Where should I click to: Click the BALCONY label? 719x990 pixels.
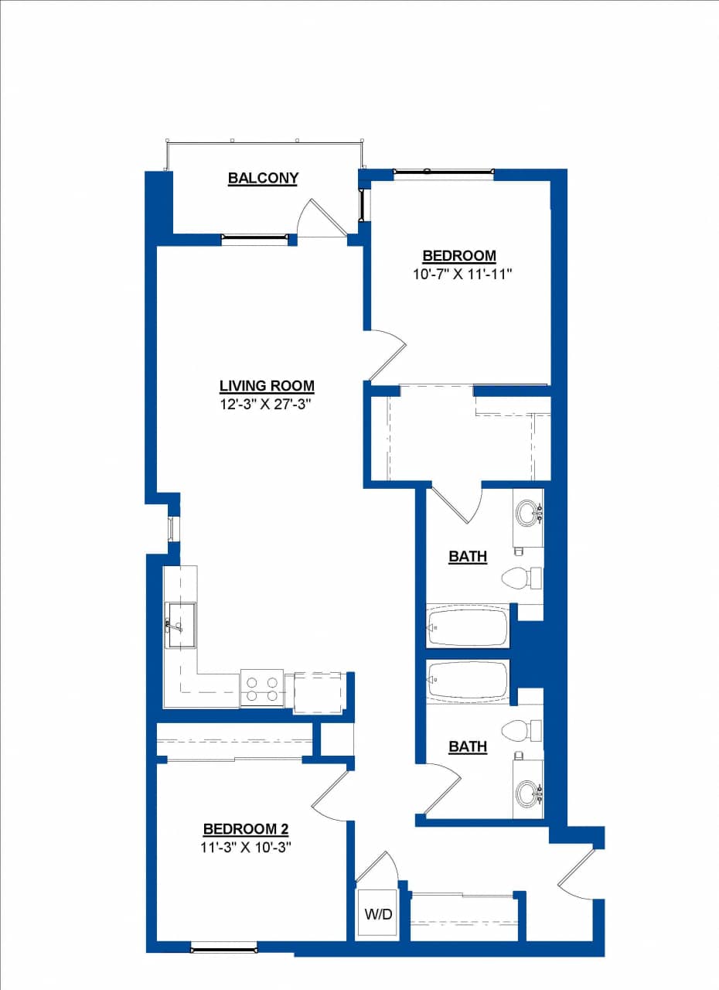pos(263,178)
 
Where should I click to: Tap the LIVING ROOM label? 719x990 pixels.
pos(267,386)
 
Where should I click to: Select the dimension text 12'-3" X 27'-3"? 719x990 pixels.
pos(267,403)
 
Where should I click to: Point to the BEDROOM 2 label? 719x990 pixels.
pos(245,829)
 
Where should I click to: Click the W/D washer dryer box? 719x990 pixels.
pos(378,914)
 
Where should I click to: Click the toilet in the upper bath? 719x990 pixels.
pos(522,577)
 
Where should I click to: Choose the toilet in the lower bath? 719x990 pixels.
pos(522,729)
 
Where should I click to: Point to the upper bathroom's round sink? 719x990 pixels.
pos(529,512)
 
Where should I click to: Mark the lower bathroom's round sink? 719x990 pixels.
pos(529,793)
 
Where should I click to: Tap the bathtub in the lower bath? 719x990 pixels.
pos(468,681)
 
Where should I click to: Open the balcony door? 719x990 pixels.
pos(323,220)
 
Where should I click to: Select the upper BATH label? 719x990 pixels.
pos(468,556)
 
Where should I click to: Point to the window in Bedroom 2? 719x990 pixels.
pos(224,947)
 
